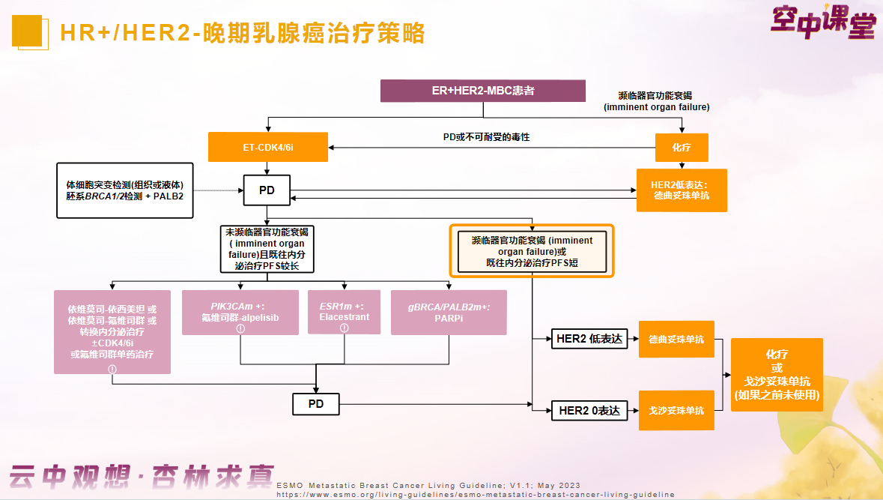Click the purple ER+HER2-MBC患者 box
tap(482, 91)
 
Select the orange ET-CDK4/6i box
tap(268, 147)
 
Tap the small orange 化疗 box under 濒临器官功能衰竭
tap(682, 148)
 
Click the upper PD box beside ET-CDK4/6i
tap(267, 190)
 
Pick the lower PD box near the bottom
tap(315, 404)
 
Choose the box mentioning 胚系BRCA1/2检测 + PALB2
tap(125, 190)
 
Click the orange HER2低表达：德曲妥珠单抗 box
tap(682, 190)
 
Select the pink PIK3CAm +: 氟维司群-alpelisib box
tap(240, 312)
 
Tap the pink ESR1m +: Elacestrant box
tap(345, 312)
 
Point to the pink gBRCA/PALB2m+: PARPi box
tap(449, 312)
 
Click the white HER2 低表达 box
tap(589, 339)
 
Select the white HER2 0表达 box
tap(589, 410)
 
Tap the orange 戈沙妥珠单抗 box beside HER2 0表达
tap(676, 410)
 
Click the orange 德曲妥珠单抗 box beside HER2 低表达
tap(676, 340)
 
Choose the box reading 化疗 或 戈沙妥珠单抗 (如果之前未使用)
tap(777, 374)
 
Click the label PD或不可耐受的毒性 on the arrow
tap(486, 137)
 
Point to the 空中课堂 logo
tap(822, 22)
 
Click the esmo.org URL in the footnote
tap(475, 495)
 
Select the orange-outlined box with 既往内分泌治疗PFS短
tap(532, 251)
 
